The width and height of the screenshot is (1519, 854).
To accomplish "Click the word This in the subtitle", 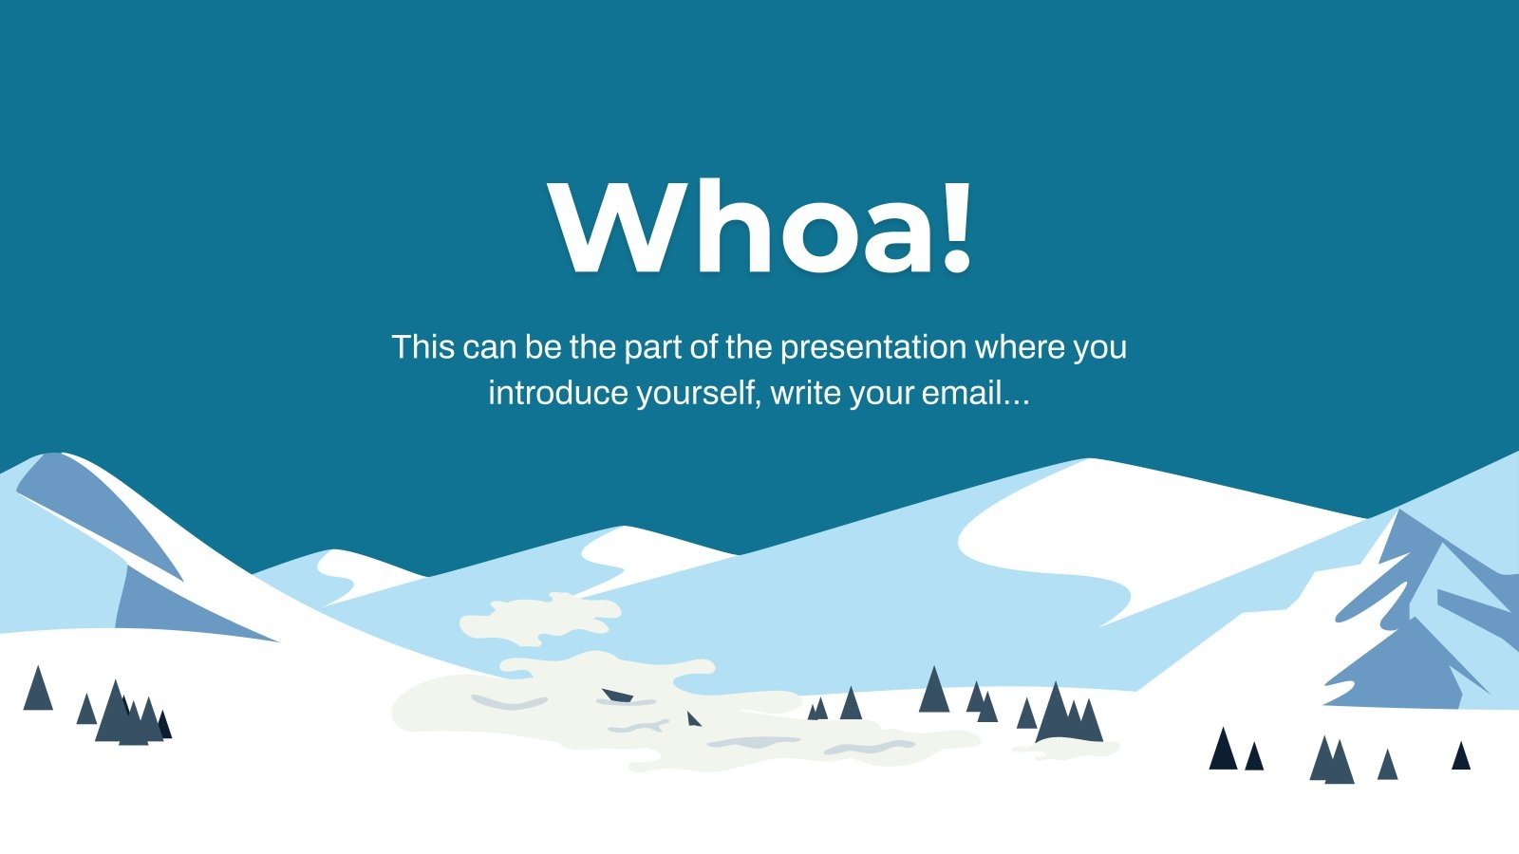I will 423,347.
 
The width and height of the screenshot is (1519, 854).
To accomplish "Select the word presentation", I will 873,347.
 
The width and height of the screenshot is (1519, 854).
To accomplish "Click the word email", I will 954,393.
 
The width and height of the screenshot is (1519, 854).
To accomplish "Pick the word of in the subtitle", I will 703,347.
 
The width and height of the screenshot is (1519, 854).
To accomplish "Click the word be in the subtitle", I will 543,347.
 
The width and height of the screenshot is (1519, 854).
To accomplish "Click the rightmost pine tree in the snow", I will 1461,756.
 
